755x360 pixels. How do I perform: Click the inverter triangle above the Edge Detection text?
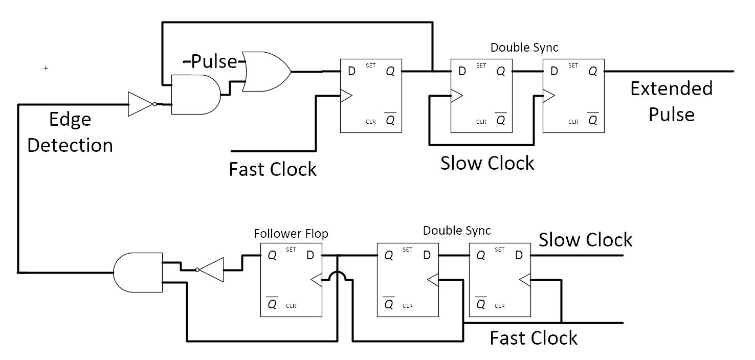tap(140, 104)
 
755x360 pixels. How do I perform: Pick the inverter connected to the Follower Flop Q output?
tap(211, 270)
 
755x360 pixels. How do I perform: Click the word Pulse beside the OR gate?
tap(214, 61)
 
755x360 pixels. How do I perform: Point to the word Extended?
tap(671, 88)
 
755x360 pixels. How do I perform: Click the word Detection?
tap(70, 145)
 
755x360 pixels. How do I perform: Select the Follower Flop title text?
tap(291, 234)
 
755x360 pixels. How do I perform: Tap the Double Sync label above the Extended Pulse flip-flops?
tap(524, 48)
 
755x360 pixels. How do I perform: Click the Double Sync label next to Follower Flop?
tap(456, 231)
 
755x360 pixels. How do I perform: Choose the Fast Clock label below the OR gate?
tap(273, 169)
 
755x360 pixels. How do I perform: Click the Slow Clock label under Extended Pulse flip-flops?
tap(487, 163)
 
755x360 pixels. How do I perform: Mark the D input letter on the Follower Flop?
tap(310, 256)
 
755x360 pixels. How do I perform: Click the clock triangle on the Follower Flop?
tap(317, 280)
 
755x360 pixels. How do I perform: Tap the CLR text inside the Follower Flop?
tap(291, 306)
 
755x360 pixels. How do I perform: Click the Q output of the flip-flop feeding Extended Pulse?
tap(592, 72)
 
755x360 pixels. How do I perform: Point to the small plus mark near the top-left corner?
tap(46, 68)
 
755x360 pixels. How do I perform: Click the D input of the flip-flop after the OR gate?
tap(351, 72)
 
